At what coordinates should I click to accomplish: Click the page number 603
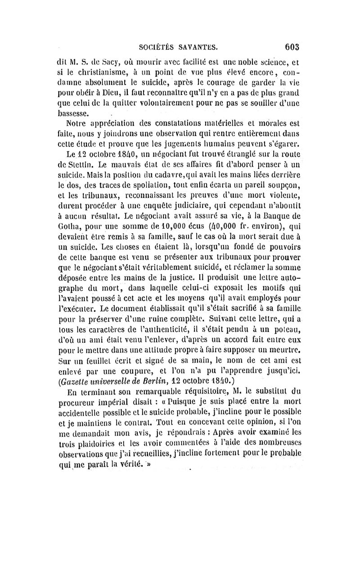[x=292, y=46]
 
